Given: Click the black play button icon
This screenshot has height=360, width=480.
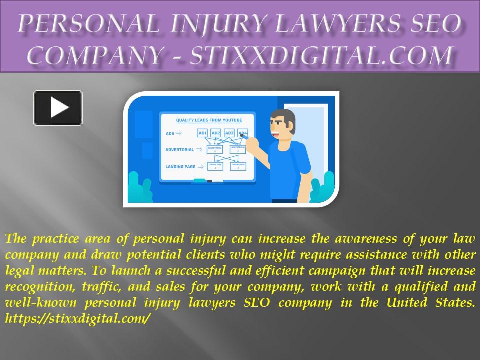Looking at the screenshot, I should tap(58, 107).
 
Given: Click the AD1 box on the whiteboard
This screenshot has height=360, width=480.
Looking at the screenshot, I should tap(202, 133).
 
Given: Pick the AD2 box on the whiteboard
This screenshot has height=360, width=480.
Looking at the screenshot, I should tap(216, 133).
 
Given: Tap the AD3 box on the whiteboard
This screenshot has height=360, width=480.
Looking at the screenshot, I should tap(229, 133).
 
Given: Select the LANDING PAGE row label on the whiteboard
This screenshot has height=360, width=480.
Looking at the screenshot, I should tap(180, 166).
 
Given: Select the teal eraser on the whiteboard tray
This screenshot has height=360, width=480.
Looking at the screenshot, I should tap(199, 180).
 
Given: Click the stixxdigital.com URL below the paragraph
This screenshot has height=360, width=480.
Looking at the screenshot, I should tap(77, 318).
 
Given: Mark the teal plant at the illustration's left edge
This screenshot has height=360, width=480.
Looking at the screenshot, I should tap(134, 189).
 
